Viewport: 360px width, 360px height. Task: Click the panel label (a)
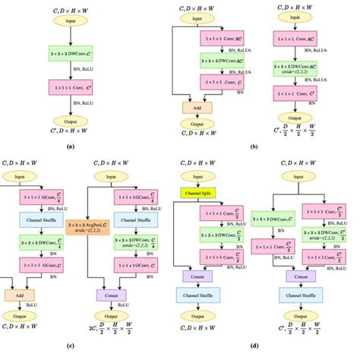(71, 144)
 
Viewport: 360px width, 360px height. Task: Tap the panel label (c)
(70, 346)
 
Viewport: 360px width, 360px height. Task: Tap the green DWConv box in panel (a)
(71, 54)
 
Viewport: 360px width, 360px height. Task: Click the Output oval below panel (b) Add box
(197, 125)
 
